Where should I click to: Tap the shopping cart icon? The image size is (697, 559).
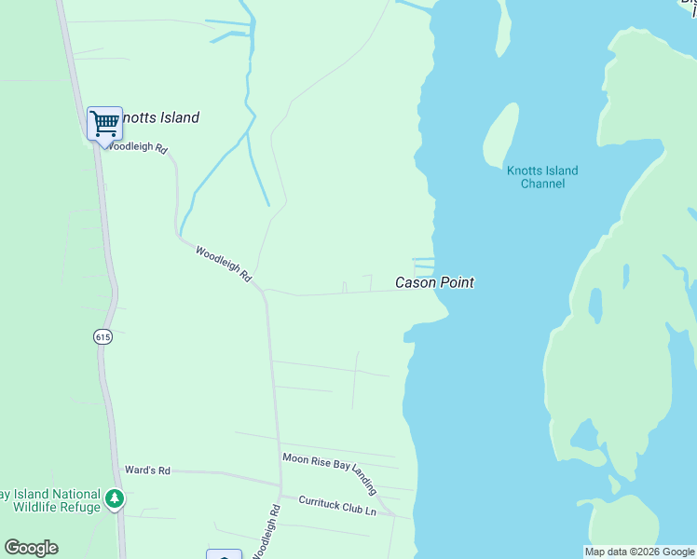pyautogui.click(x=104, y=123)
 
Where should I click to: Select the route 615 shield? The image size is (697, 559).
pyautogui.click(x=102, y=337)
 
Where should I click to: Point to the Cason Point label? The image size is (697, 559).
pyautogui.click(x=434, y=282)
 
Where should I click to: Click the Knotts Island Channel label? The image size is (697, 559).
pyautogui.click(x=542, y=177)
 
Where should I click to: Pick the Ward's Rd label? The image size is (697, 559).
pyautogui.click(x=147, y=471)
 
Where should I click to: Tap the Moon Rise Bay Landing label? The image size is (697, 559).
pyautogui.click(x=330, y=473)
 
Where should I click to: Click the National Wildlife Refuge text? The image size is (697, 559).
pyautogui.click(x=54, y=501)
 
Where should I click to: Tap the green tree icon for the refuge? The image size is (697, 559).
pyautogui.click(x=115, y=500)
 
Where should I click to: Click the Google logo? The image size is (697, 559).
pyautogui.click(x=31, y=548)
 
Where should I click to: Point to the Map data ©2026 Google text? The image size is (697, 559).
pyautogui.click(x=639, y=552)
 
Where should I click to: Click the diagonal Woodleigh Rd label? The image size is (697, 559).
pyautogui.click(x=224, y=264)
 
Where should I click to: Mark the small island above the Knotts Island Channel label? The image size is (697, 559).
pyautogui.click(x=500, y=133)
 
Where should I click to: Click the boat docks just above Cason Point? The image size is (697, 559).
pyautogui.click(x=424, y=263)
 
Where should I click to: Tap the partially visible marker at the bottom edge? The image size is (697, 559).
pyautogui.click(x=224, y=554)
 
